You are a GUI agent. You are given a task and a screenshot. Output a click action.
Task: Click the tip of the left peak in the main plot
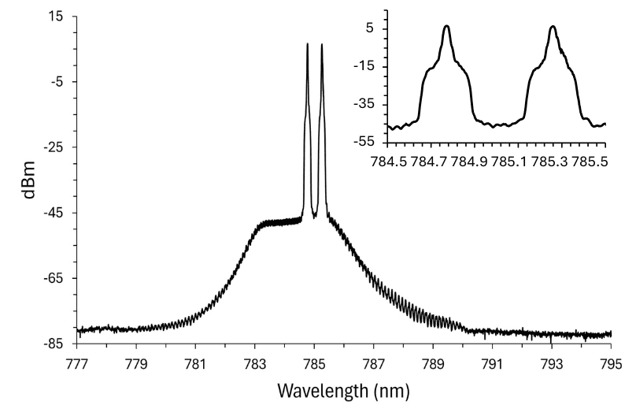coord(308,44)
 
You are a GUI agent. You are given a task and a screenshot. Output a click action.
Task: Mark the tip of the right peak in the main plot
coord(322,44)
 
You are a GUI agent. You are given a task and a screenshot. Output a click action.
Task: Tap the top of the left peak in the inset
coord(446,26)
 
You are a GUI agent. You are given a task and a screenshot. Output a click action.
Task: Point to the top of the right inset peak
coord(553,26)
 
